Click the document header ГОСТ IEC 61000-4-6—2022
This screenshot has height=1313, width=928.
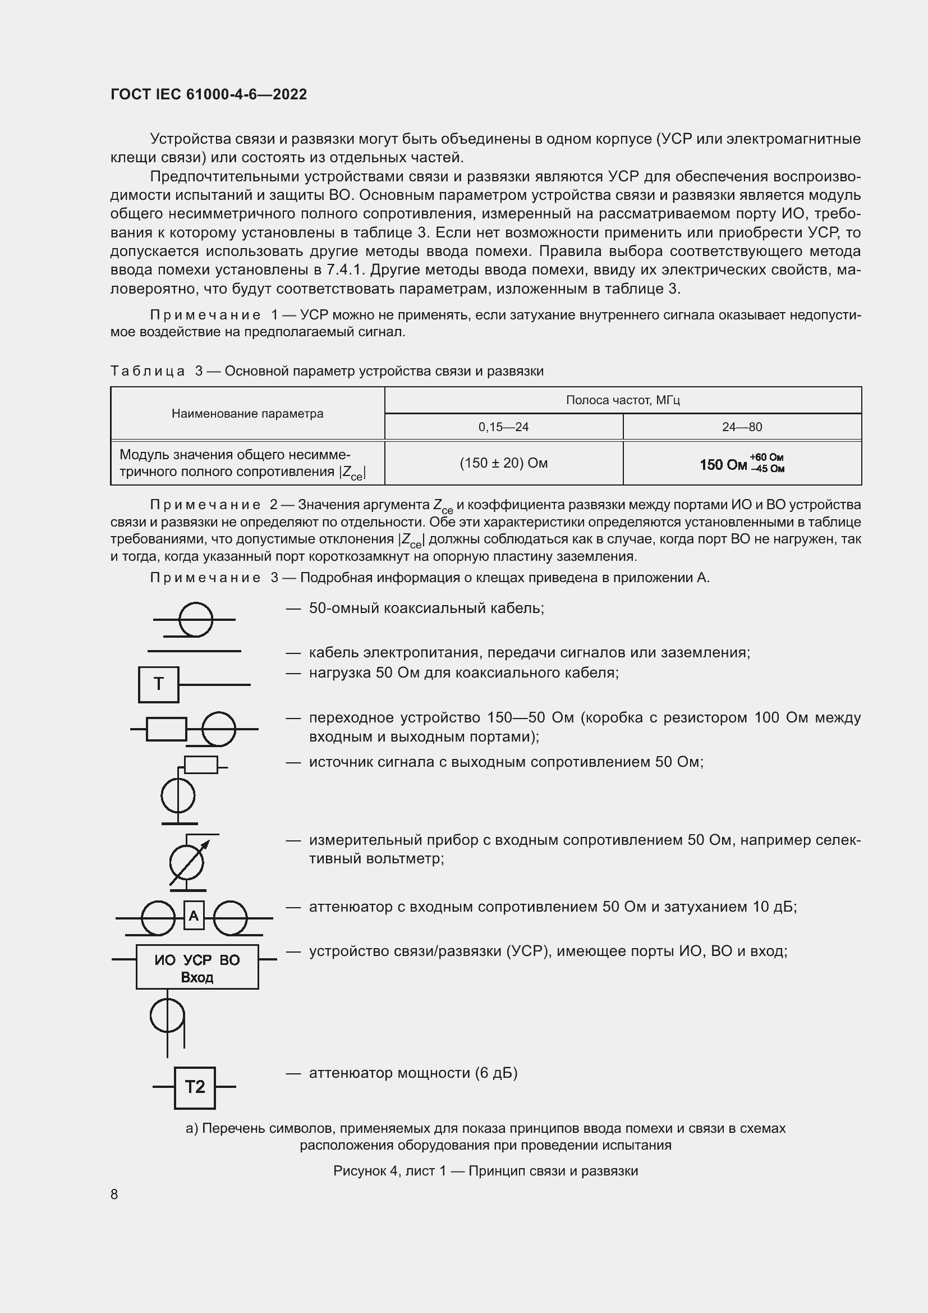209,94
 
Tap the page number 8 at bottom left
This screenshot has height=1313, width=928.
114,1194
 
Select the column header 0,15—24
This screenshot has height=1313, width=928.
503,427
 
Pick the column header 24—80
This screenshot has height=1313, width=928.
742,427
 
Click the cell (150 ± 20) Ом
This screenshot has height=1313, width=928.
503,463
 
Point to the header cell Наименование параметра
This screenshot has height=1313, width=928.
247,414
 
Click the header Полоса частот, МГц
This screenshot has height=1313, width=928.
623,400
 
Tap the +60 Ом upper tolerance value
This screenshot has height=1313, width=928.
767,458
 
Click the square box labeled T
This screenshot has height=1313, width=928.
158,684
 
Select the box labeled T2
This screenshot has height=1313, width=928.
195,1087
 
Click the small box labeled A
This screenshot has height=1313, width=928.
194,916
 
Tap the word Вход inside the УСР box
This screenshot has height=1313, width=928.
197,977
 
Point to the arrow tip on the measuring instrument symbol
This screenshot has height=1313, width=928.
208,843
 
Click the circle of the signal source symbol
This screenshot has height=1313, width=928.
178,795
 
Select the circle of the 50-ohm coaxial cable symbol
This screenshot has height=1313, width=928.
196,619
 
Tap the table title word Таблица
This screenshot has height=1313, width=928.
148,371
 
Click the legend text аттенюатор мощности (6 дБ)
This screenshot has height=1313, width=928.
413,1073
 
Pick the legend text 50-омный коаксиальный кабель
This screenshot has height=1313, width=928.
426,608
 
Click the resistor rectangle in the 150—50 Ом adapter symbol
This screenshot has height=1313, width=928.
166,729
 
